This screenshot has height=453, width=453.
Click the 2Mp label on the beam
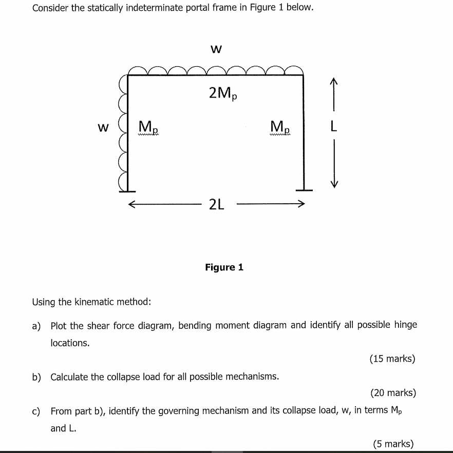(x=223, y=94)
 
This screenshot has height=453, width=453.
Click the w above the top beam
(x=216, y=49)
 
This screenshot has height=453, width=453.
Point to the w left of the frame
(x=103, y=127)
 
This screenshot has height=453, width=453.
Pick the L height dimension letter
(x=334, y=127)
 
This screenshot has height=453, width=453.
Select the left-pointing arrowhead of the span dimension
(x=132, y=205)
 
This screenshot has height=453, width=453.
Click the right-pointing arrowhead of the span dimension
(x=301, y=205)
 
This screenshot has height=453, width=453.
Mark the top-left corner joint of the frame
(x=128, y=76)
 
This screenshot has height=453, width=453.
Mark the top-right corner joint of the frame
(x=303, y=76)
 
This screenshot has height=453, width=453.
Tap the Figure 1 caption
(x=224, y=267)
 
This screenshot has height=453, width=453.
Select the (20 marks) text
(x=393, y=393)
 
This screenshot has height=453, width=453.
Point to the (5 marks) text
(x=393, y=444)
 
